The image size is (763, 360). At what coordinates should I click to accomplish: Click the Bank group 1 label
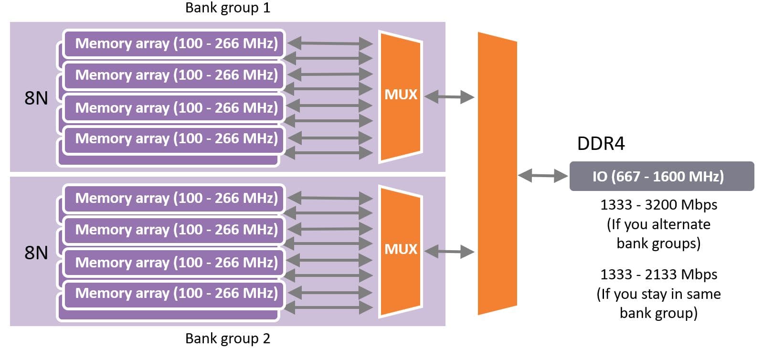point(227,8)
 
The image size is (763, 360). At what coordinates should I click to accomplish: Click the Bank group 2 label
point(227,339)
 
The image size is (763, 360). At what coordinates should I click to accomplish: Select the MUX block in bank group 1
point(401,95)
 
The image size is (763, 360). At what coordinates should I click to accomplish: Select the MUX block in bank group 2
point(401,250)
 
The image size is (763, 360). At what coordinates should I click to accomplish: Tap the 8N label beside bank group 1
point(36,98)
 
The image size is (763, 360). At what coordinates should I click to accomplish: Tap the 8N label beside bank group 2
point(36,253)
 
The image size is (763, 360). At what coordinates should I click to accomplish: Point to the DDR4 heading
point(601,144)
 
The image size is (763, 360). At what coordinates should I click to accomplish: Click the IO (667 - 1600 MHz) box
point(661,176)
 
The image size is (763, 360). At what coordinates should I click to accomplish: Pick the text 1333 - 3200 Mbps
point(658,205)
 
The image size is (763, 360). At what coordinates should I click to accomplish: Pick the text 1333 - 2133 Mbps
point(658,275)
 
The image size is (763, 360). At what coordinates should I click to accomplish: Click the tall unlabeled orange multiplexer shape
point(497,173)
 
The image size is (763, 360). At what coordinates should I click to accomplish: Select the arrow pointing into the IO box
point(543,176)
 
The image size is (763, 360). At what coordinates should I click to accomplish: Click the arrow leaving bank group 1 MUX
point(449,97)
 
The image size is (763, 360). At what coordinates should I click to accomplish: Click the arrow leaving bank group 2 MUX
point(449,251)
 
